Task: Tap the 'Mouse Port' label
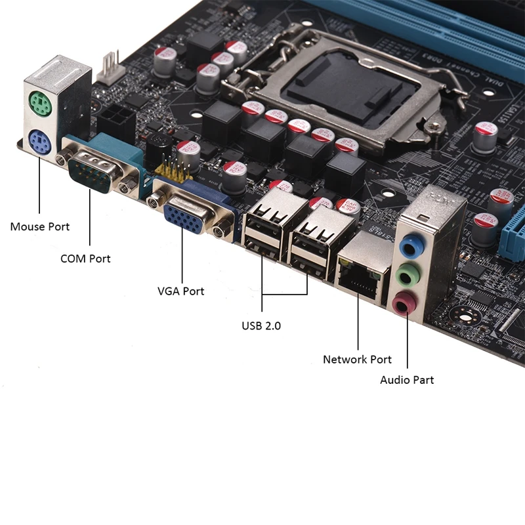(x=40, y=227)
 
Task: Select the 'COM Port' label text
(x=85, y=259)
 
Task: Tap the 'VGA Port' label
(x=180, y=291)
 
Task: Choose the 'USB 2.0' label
(x=261, y=325)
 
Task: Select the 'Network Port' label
(x=357, y=360)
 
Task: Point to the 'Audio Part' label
(x=407, y=380)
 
